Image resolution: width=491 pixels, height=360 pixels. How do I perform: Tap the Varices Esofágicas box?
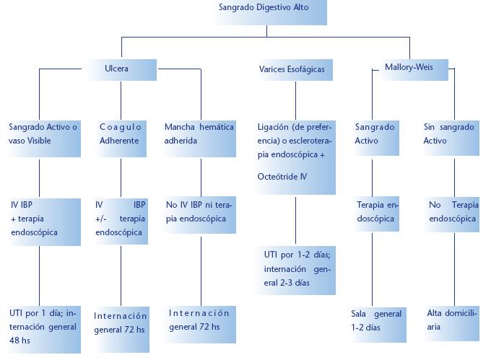pos(292,70)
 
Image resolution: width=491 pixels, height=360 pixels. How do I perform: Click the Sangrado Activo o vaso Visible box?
pos(43,134)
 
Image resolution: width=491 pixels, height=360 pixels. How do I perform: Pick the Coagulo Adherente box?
pos(121,134)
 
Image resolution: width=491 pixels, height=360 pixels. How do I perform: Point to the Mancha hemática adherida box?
pos(199,134)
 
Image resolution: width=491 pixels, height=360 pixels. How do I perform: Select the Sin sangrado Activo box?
pos(450,134)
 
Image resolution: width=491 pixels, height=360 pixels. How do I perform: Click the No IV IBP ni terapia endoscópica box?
pos(199,211)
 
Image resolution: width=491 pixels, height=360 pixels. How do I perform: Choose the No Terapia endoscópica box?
pos(453,212)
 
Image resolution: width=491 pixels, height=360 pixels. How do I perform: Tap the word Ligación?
pos(274,127)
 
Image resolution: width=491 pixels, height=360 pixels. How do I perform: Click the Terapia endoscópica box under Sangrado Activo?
pos(376,212)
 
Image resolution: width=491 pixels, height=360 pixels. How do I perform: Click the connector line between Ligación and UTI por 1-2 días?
pos(295,219)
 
